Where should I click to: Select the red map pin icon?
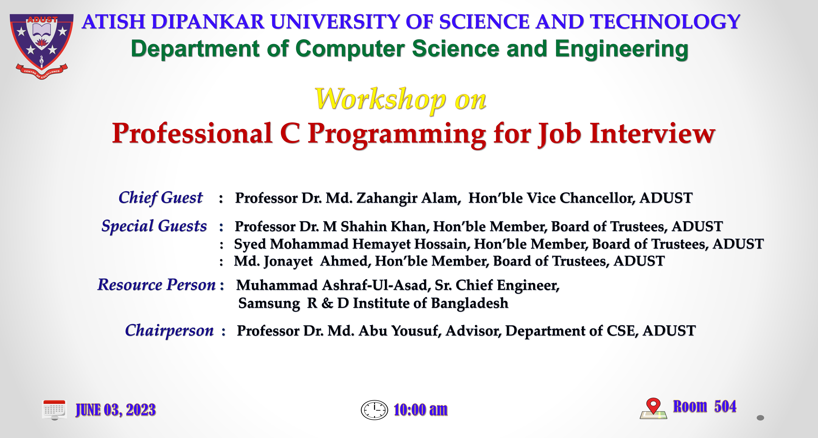653,406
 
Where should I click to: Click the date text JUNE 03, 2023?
116,410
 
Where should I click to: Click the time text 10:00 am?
420,410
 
